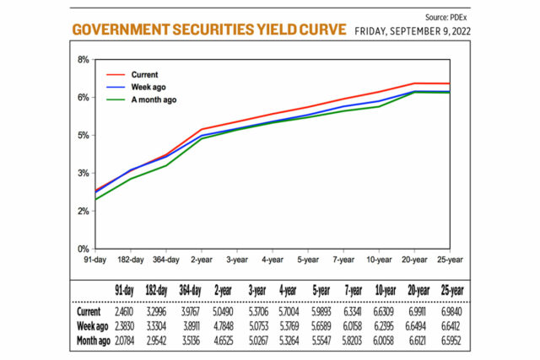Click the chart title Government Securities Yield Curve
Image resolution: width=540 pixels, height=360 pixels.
coord(208,30)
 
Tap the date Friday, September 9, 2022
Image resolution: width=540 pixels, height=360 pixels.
coord(413,31)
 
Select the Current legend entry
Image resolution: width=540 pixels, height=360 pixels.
coord(144,74)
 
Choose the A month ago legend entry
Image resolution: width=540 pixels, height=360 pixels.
coord(154,99)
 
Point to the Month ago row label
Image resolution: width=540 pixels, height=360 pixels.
coord(90,340)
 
